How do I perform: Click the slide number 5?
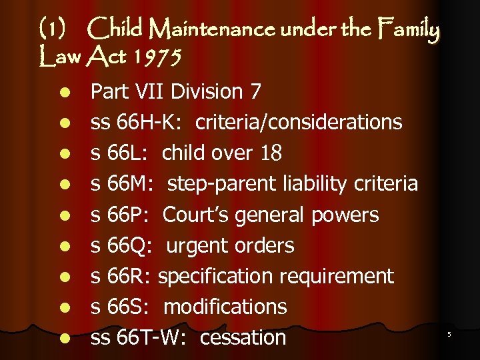(449, 333)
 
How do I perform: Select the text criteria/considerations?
(286, 122)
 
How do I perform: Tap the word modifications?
(225, 307)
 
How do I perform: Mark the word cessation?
(243, 337)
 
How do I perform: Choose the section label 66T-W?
(151, 337)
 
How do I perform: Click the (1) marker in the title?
(52, 30)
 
